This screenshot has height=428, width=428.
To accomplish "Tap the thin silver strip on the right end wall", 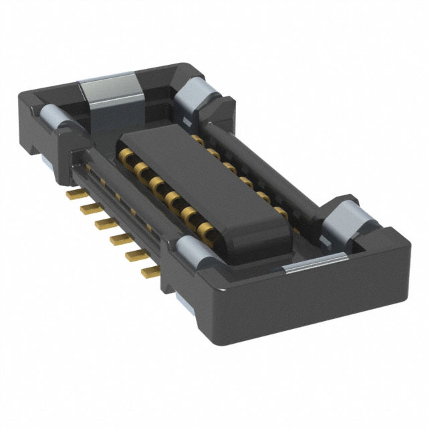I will [x=308, y=265].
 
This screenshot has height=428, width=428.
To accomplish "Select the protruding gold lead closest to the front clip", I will [x=150, y=270].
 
